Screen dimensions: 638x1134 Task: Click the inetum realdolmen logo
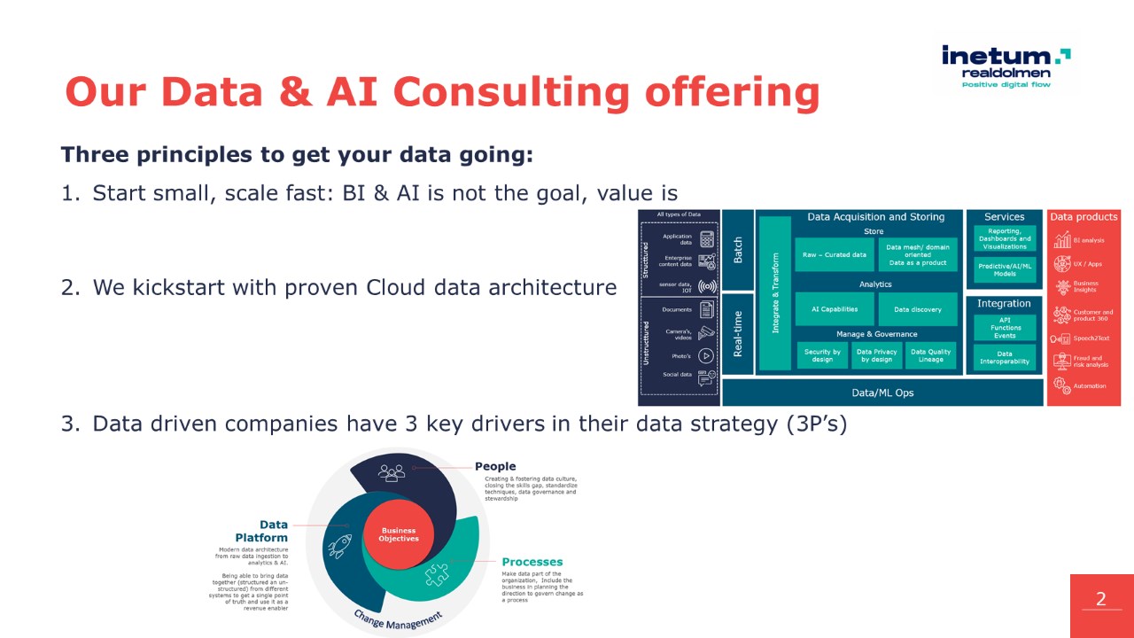point(1006,66)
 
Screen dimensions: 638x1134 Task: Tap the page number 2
point(1101,600)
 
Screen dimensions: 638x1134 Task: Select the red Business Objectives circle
point(399,535)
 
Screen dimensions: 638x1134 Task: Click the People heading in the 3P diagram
point(494,466)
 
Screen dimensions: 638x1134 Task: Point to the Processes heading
point(532,562)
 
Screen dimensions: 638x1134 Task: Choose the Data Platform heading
point(261,531)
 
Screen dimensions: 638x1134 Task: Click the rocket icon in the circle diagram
point(339,546)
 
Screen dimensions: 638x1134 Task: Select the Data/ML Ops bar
point(882,393)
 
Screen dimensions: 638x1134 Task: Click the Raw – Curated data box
point(834,255)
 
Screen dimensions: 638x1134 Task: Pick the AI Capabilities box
point(835,309)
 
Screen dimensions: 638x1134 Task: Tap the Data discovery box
point(917,309)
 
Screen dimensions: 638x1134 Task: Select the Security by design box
point(822,355)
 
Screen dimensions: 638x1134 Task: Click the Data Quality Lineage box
point(930,355)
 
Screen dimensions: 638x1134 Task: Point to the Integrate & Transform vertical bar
point(775,293)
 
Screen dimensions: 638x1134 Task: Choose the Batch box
point(738,250)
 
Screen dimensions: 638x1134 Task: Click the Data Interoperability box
point(1004,357)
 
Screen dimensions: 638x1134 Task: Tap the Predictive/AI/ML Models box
point(1004,269)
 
